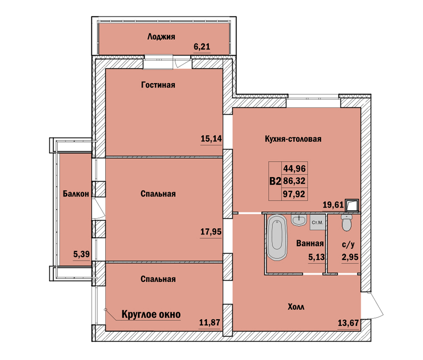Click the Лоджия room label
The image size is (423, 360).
pyautogui.click(x=161, y=37)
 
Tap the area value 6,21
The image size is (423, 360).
pyautogui.click(x=202, y=47)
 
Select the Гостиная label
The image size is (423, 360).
pyautogui.click(x=158, y=85)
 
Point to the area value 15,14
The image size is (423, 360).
pyautogui.click(x=211, y=139)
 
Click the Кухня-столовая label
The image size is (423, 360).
pyautogui.click(x=293, y=139)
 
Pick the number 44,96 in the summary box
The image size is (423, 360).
pyautogui.click(x=294, y=169)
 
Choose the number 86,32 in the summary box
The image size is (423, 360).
pyautogui.click(x=294, y=181)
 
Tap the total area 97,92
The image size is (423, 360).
pyautogui.click(x=294, y=194)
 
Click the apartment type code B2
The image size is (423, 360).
pyautogui.click(x=275, y=181)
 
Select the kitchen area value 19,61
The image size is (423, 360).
pyautogui.click(x=333, y=205)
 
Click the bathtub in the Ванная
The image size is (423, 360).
pyautogui.click(x=277, y=237)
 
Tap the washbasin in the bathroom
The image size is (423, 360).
pyautogui.click(x=299, y=220)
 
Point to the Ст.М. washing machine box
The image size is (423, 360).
pyautogui.click(x=318, y=223)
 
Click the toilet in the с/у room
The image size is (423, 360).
pyautogui.click(x=346, y=223)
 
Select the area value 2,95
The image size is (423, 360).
pyautogui.click(x=350, y=257)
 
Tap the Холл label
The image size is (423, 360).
pyautogui.click(x=296, y=307)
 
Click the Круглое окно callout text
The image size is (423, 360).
pyautogui.click(x=151, y=314)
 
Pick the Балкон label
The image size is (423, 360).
pyautogui.click(x=76, y=194)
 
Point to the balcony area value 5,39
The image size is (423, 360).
pyautogui.click(x=82, y=254)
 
